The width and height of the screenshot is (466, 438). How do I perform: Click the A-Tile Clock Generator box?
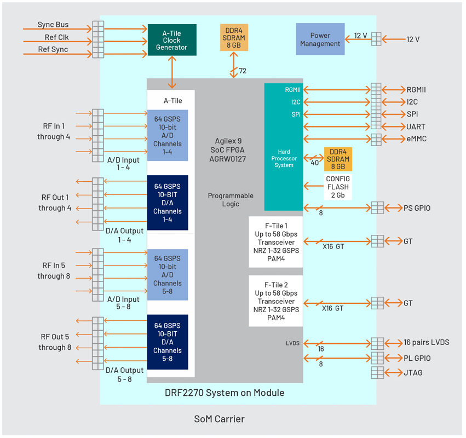tap(172, 40)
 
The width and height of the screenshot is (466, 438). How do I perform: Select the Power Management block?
tap(320, 39)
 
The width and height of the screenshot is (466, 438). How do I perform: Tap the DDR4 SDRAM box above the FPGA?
tap(234, 37)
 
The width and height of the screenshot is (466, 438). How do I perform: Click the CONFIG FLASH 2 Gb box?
tap(338, 187)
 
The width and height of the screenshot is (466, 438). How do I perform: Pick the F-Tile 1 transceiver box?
tap(276, 242)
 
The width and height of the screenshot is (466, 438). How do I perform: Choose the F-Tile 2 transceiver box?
tap(276, 301)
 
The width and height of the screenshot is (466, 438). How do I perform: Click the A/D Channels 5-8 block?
tap(168, 274)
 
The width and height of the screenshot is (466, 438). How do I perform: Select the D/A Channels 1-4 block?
tap(168, 203)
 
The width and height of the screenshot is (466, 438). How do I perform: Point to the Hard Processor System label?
tap(284, 158)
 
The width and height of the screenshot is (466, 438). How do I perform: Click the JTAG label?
tap(413, 373)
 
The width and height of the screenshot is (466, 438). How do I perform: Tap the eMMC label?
tap(417, 139)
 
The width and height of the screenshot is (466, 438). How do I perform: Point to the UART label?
tap(416, 127)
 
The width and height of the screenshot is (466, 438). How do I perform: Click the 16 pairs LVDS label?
tap(427, 342)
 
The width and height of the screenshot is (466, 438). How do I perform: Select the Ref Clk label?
tap(56, 37)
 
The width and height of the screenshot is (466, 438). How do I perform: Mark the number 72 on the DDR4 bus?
tap(243, 71)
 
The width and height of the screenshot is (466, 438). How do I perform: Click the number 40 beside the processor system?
tap(315, 163)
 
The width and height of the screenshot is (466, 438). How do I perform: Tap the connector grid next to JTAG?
tap(377, 373)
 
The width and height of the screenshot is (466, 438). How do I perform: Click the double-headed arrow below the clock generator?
tap(172, 72)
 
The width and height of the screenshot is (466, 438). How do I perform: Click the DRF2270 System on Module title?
tap(225, 393)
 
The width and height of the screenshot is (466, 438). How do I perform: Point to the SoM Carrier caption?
tap(220, 419)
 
